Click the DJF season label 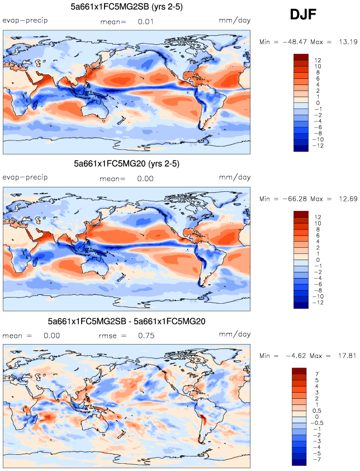pyautogui.click(x=304, y=15)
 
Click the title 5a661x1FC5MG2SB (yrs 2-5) pyautogui.click(x=127, y=7)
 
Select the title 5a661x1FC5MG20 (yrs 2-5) pyautogui.click(x=127, y=164)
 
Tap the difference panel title pyautogui.click(x=127, y=322)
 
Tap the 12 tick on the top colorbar pyautogui.click(x=318, y=60)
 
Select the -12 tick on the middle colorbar pyautogui.click(x=319, y=302)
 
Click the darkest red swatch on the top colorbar pyautogui.click(x=300, y=56)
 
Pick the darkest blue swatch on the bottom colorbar pyautogui.click(x=300, y=461)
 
